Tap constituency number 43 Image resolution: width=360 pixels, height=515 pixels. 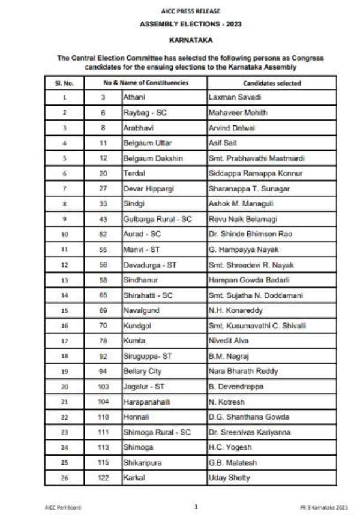pos(103,220)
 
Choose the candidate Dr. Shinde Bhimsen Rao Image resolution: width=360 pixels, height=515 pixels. pos(247,235)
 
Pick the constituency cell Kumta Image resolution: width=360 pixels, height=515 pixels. pos(134,341)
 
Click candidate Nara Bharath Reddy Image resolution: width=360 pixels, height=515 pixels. pos(243,372)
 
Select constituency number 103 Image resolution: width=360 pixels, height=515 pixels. pos(103,387)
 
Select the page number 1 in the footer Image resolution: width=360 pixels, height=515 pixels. pos(195,507)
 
